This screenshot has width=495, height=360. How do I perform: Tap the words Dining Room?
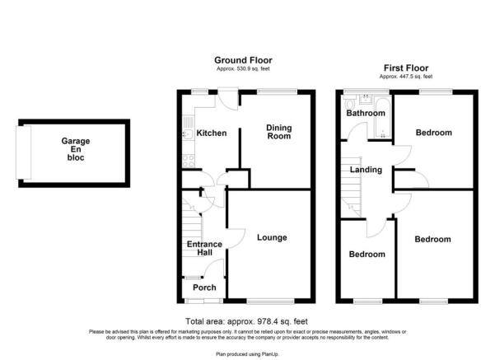[x=278, y=132]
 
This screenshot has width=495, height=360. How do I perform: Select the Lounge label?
[x=271, y=238]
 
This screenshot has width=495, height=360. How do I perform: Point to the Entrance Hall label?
[x=204, y=250]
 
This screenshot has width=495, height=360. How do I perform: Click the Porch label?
[x=204, y=288]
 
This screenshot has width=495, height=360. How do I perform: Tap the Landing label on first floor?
[x=366, y=170]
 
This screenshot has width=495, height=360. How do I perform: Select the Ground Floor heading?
[x=243, y=60]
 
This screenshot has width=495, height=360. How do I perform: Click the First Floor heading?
[x=405, y=68]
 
